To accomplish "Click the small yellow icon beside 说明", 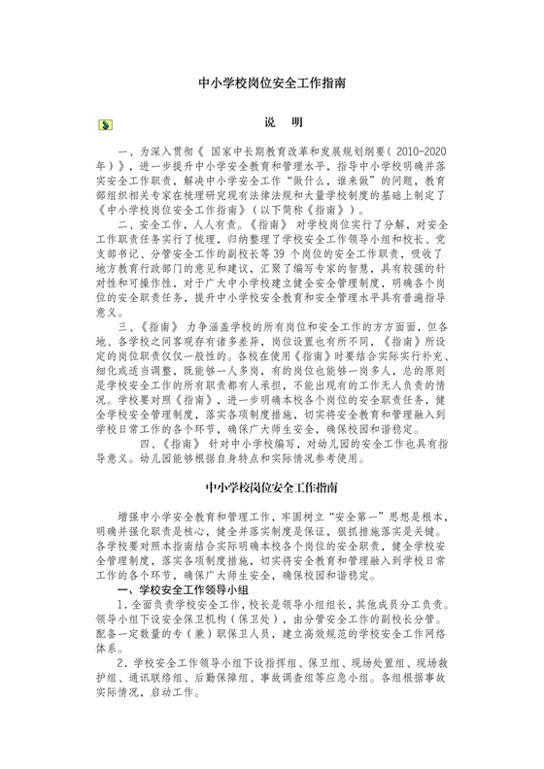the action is (104, 125).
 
